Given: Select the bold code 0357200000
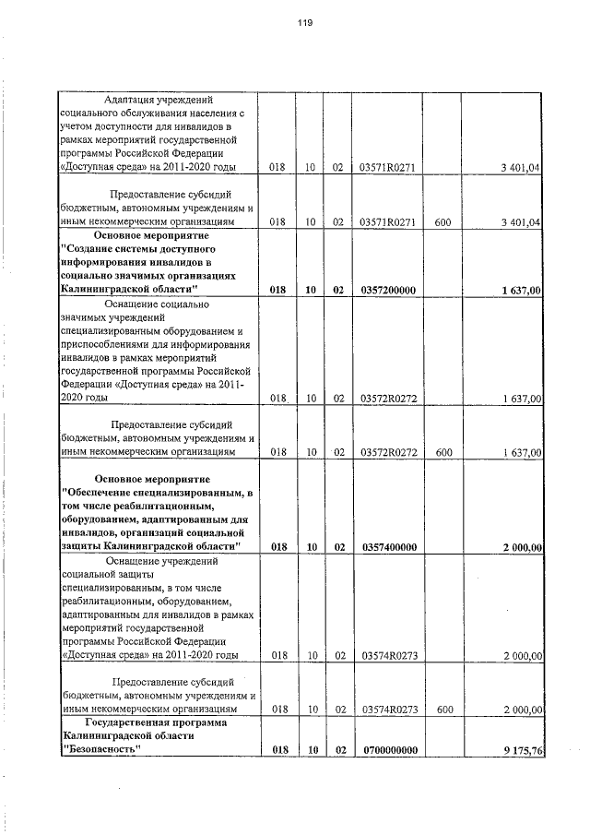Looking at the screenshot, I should pos(390,290).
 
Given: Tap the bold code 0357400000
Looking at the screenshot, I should pos(390,547).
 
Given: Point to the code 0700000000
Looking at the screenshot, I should pos(390,750).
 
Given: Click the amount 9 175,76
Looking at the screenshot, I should pos(520,750).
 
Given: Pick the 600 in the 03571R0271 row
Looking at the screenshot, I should pos(442,222).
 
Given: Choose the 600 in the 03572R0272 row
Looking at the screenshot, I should pos(442,452).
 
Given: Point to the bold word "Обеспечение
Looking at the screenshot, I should pos(105,493).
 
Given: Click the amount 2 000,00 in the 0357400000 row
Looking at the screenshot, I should pos(522,547).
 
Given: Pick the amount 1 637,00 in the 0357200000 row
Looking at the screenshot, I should pos(522,290).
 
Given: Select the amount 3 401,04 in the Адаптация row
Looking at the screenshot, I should pos(522,167).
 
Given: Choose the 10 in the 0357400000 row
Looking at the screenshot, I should pos(312,547).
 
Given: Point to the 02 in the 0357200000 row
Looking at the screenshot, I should pos(338,290).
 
